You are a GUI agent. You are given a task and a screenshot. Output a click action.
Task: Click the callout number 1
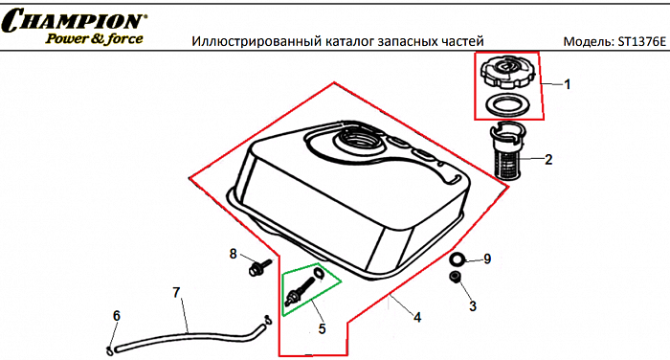[566, 84]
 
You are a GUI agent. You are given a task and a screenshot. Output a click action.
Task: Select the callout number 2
[548, 159]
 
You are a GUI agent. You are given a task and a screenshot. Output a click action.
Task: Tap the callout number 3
[472, 305]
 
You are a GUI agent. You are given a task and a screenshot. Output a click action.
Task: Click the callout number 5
[323, 328]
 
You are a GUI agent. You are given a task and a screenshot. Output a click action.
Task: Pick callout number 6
[117, 316]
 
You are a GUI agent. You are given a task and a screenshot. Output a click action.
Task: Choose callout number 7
[175, 291]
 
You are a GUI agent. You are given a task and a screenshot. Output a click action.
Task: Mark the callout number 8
[233, 254]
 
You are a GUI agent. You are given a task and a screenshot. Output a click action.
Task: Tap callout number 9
[486, 259]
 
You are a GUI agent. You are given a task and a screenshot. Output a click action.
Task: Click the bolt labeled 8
[257, 267]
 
